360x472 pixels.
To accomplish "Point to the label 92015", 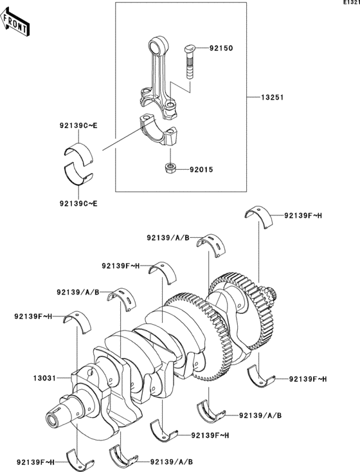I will coord(201,170).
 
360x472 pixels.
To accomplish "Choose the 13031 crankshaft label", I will coord(47,378).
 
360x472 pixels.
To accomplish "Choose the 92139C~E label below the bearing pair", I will coord(78,204).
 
